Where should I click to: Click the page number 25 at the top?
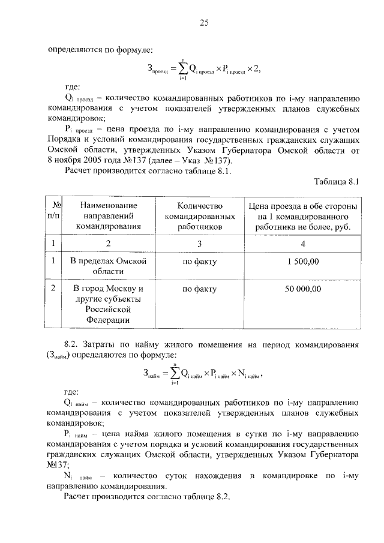pos(203,23)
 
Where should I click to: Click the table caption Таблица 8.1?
pos(337,182)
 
